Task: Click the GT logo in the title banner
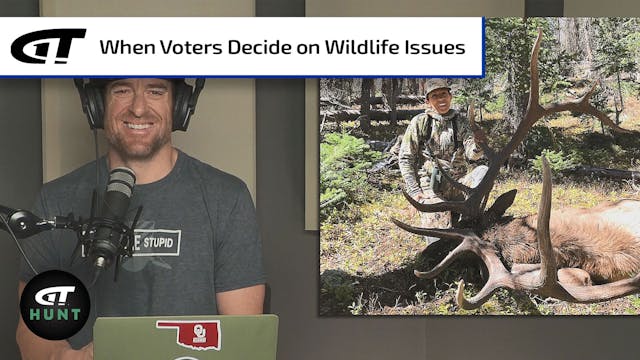(x=48, y=45)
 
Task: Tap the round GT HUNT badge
(x=55, y=304)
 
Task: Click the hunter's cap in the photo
(x=438, y=88)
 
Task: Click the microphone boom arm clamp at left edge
(x=12, y=217)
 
